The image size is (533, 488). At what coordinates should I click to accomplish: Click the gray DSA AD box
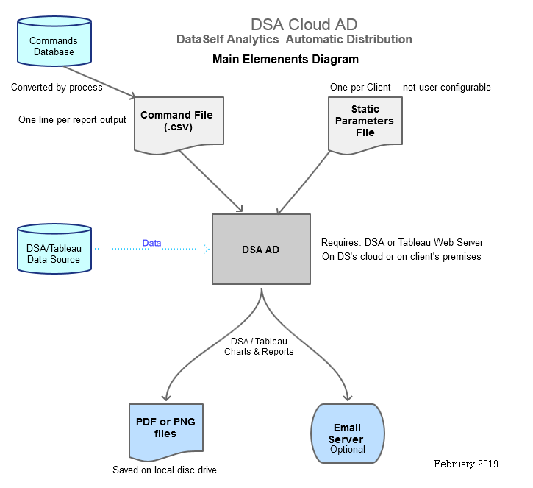pyautogui.click(x=261, y=249)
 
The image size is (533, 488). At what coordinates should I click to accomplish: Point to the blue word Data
pyautogui.click(x=151, y=243)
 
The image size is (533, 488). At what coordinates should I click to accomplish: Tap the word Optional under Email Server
pyautogui.click(x=347, y=449)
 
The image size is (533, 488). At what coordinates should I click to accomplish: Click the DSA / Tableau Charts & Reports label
pyautogui.click(x=259, y=346)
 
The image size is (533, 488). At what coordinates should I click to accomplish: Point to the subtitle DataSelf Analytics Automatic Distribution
pyautogui.click(x=294, y=39)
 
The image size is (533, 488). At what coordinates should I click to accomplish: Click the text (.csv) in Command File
pyautogui.click(x=176, y=127)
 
